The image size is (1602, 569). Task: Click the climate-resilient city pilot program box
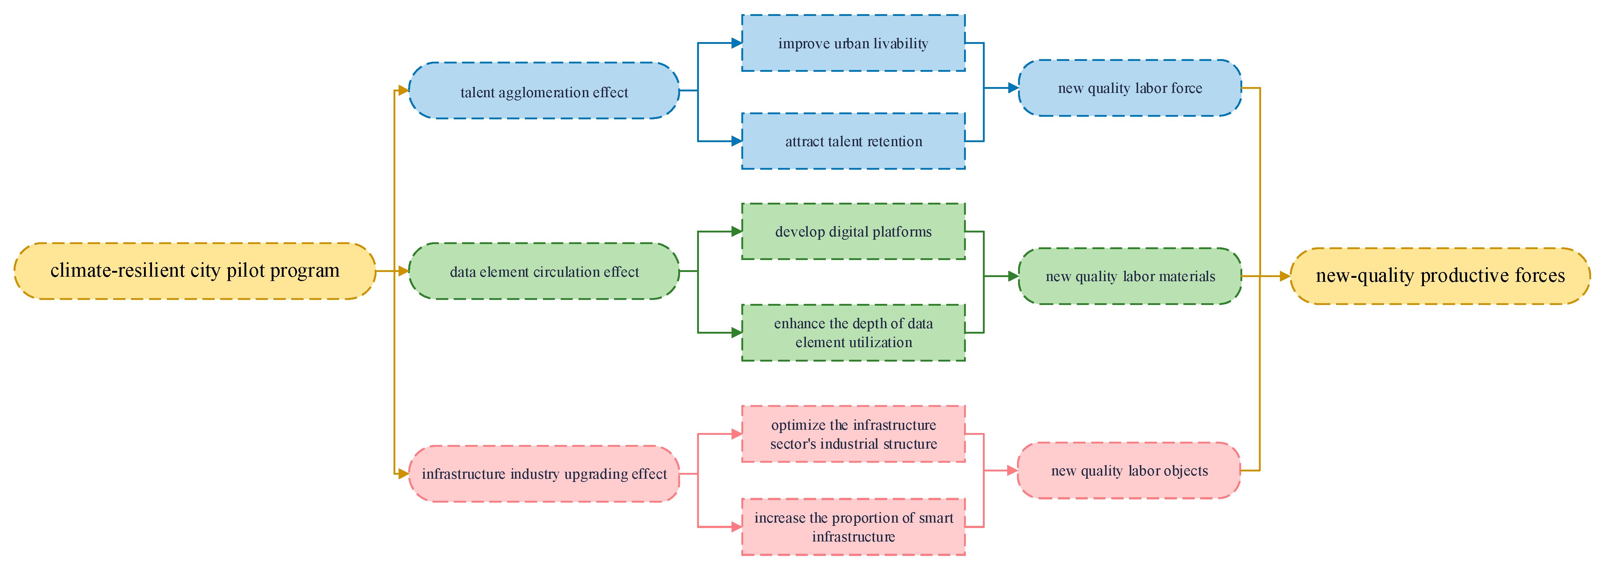pos(195,271)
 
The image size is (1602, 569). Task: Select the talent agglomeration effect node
pos(544,91)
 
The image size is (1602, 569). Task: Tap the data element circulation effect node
pos(544,271)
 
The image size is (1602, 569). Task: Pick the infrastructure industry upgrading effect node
pos(544,474)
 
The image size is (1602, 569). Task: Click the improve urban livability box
pos(853,43)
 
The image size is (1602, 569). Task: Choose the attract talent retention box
pos(853,141)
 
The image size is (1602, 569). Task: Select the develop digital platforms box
pos(853,231)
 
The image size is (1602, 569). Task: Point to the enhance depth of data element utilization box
pos(853,333)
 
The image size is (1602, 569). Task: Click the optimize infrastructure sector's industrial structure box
pos(853,434)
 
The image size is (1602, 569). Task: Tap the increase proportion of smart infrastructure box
pos(853,527)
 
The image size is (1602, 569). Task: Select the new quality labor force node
pos(1129,88)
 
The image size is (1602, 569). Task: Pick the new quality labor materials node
pos(1129,276)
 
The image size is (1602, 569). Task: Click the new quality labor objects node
pos(1129,471)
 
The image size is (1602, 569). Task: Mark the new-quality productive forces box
pos(1440,276)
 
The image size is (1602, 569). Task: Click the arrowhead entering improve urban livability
pos(736,43)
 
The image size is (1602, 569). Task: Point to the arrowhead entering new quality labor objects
pos(1012,471)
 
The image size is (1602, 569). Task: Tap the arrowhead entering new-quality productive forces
pos(1285,276)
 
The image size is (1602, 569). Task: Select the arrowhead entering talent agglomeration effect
pos(403,91)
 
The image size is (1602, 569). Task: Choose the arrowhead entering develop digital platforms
pos(736,231)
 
